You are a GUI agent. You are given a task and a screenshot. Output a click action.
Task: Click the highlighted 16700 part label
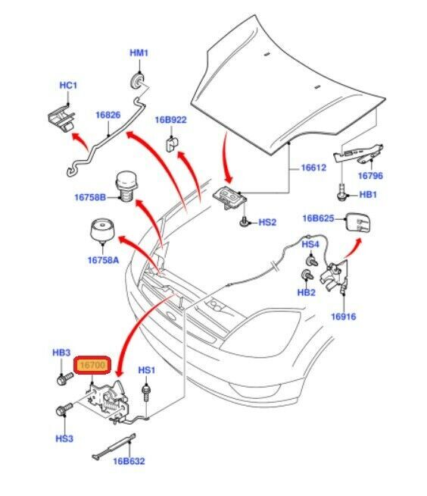(92, 365)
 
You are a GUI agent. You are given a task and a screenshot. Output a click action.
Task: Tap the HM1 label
(139, 53)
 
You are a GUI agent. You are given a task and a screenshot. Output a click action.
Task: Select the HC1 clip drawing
(61, 118)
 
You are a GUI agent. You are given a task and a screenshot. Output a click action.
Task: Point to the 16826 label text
(108, 115)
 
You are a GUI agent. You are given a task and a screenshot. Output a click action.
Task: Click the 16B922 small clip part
(172, 143)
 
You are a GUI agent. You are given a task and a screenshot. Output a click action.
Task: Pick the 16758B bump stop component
(126, 187)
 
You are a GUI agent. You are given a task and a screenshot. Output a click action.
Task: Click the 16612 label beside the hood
(313, 168)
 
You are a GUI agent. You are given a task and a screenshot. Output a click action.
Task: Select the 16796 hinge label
(370, 175)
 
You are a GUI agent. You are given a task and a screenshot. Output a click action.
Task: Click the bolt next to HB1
(342, 192)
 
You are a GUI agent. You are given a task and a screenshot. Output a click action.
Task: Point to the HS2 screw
(244, 221)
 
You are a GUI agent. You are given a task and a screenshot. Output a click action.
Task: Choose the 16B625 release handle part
(358, 223)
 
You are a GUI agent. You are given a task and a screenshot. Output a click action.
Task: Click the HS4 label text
(310, 244)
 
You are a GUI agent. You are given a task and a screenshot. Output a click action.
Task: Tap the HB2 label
(307, 292)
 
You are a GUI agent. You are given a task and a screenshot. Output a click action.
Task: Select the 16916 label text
(343, 316)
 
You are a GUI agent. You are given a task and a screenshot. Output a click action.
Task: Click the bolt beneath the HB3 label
(65, 378)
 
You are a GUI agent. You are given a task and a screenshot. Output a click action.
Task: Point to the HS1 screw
(146, 393)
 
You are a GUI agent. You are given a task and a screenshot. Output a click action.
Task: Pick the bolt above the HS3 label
(64, 410)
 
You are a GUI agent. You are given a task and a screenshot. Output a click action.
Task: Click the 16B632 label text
(129, 461)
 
